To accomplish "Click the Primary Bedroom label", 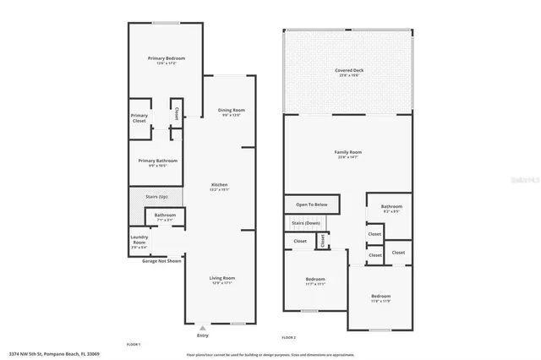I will click(x=167, y=58).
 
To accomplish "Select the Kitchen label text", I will click(x=219, y=185).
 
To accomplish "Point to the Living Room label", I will click(x=222, y=278).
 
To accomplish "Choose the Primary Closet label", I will click(x=139, y=118).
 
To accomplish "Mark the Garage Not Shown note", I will click(x=161, y=261).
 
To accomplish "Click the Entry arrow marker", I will click(x=201, y=325).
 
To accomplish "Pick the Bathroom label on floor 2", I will click(x=391, y=206).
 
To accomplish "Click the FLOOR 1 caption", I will click(x=133, y=345).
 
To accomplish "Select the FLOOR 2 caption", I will click(x=289, y=337).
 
